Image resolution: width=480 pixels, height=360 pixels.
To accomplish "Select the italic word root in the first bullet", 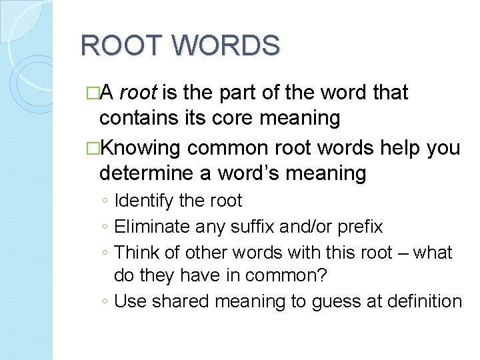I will (x=140, y=93).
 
